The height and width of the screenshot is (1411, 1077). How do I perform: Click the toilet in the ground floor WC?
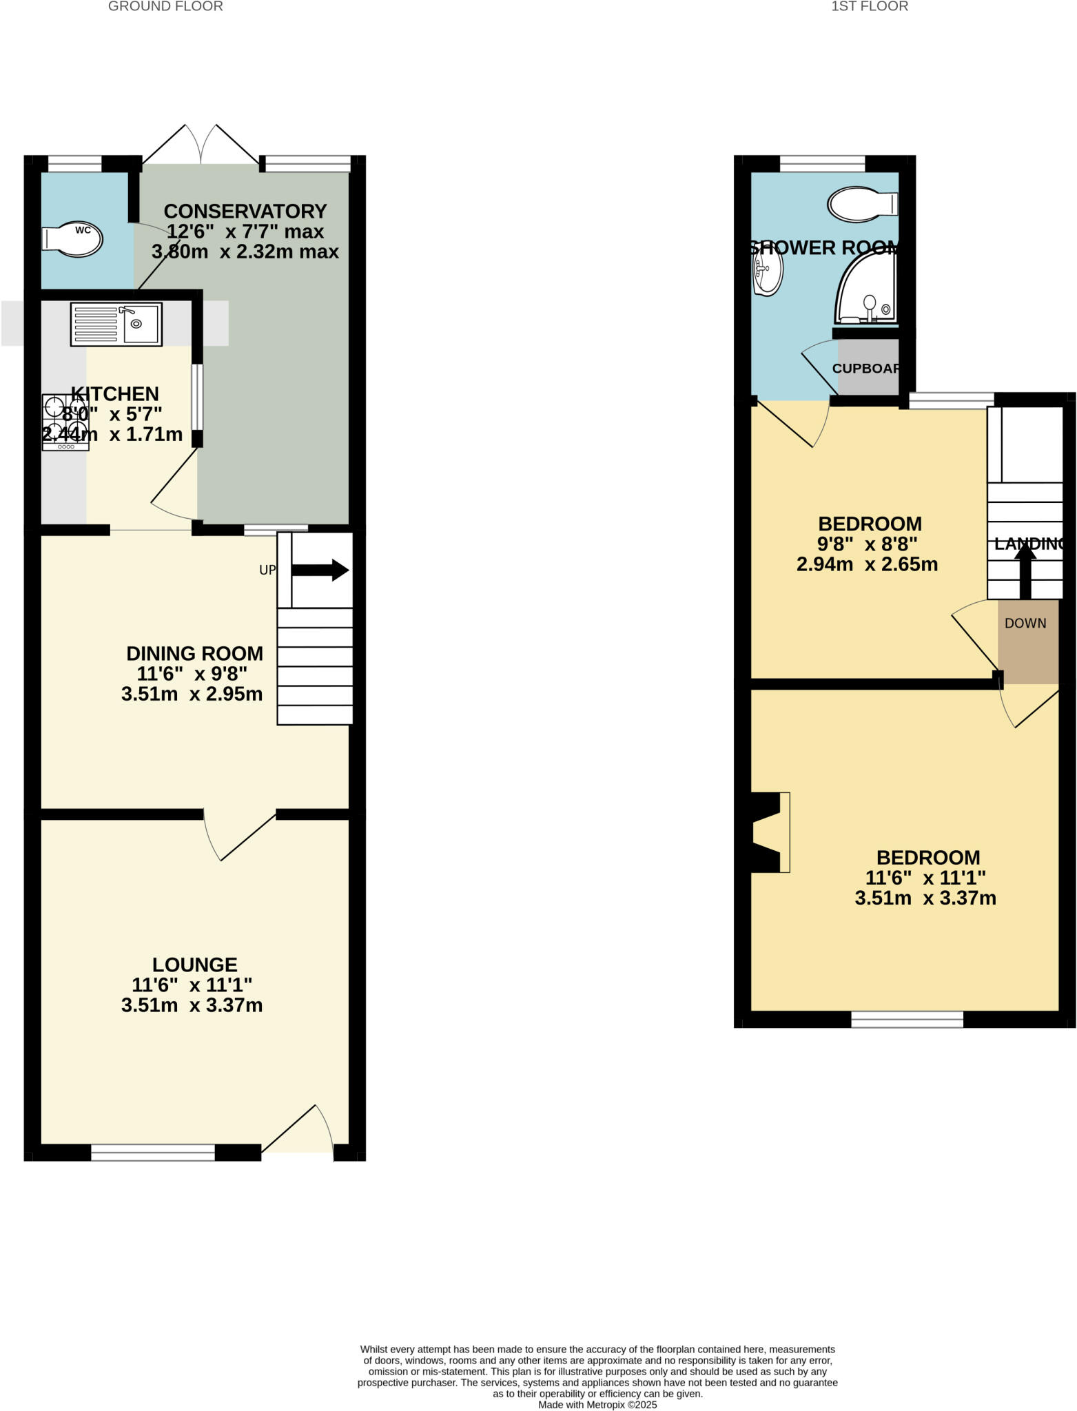pyautogui.click(x=73, y=239)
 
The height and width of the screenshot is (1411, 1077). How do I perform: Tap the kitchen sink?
pyautogui.click(x=116, y=324)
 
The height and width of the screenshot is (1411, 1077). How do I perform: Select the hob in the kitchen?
pyautogui.click(x=65, y=422)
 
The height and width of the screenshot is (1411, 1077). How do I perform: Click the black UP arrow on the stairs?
pyautogui.click(x=321, y=570)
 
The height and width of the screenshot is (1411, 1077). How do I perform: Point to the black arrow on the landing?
pyautogui.click(x=1025, y=569)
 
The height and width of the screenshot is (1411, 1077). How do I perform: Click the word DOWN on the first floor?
pyautogui.click(x=1025, y=624)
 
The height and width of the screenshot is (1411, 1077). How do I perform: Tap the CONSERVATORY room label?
pyautogui.click(x=245, y=211)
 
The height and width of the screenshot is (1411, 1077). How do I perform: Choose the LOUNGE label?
pyautogui.click(x=194, y=965)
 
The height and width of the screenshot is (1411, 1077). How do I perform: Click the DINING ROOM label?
pyautogui.click(x=194, y=653)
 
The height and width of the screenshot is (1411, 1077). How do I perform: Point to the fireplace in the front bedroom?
pyautogui.click(x=769, y=832)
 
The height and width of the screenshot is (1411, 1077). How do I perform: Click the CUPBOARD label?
pyautogui.click(x=866, y=368)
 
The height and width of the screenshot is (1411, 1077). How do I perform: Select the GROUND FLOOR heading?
pyautogui.click(x=165, y=7)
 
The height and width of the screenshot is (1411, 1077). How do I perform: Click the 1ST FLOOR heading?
pyautogui.click(x=870, y=7)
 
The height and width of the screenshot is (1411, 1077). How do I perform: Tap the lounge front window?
pyautogui.click(x=153, y=1153)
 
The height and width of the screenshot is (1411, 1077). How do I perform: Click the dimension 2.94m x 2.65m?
pyautogui.click(x=867, y=565)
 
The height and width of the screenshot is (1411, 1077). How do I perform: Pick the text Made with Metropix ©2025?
pyautogui.click(x=597, y=1405)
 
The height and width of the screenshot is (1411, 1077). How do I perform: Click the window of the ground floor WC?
pyautogui.click(x=74, y=163)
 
